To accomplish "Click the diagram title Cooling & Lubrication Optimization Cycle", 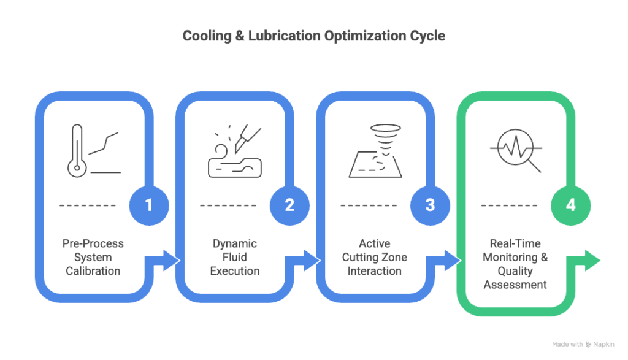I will [x=313, y=36].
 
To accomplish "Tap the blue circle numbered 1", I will [x=148, y=205].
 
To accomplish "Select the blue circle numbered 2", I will [x=289, y=205].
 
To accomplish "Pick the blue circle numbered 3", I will [x=430, y=205].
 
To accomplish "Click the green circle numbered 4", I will [x=571, y=205].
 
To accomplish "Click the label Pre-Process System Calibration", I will [x=93, y=258].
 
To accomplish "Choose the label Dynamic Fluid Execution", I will [x=235, y=258].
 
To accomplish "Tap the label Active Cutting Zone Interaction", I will [x=375, y=258].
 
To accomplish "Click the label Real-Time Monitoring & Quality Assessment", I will [x=516, y=264].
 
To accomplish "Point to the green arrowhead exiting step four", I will [x=593, y=261].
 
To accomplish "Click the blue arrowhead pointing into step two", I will [x=171, y=261].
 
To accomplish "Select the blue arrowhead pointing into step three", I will [x=312, y=261].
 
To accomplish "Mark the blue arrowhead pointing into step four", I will [x=452, y=261].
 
